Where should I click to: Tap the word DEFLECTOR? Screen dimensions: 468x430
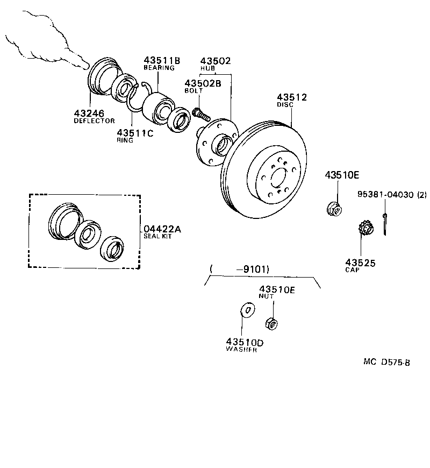(x=94, y=120)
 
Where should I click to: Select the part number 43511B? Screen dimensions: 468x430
(x=161, y=60)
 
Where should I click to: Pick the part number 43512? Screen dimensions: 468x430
(x=292, y=97)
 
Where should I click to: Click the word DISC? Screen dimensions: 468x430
(x=285, y=105)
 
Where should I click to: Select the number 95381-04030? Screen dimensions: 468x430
(x=385, y=195)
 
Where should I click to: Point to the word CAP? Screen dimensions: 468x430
(x=352, y=270)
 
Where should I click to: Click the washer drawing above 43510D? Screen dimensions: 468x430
(x=247, y=311)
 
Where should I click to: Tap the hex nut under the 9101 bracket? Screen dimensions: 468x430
(x=271, y=323)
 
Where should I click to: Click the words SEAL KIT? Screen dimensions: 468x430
(x=157, y=237)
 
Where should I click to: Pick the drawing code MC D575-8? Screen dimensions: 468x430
(x=386, y=362)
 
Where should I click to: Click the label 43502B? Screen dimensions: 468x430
(x=203, y=83)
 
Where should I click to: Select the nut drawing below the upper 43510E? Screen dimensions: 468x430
(x=334, y=208)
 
